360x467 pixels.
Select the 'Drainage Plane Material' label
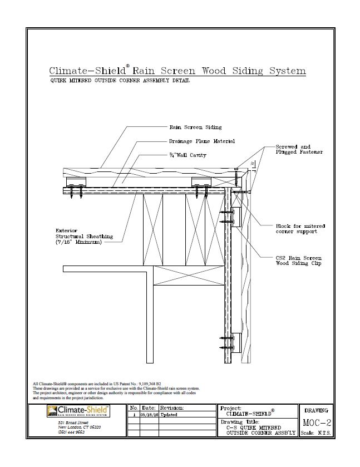pyautogui.click(x=201, y=141)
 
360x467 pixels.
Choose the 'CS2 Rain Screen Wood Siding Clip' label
pyautogui.click(x=298, y=261)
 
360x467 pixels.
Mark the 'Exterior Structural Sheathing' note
pyautogui.click(x=84, y=236)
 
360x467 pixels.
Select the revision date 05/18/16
pyautogui.click(x=149, y=415)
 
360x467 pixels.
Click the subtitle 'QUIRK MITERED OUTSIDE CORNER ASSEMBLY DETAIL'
pyautogui.click(x=120, y=81)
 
